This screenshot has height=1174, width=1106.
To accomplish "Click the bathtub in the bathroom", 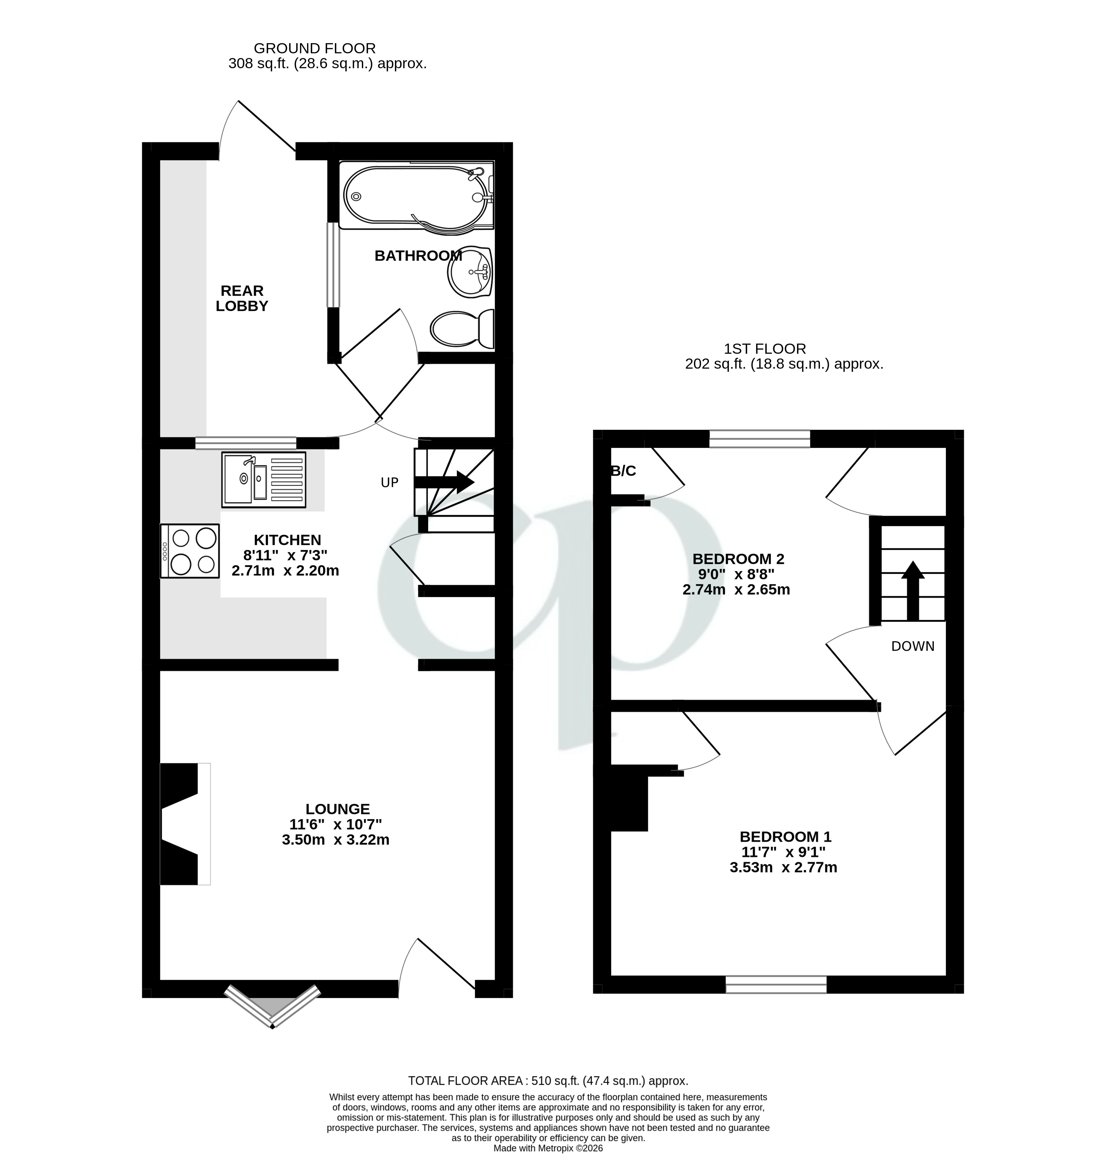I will (414, 196).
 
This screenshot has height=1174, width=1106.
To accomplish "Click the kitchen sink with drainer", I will (264, 480).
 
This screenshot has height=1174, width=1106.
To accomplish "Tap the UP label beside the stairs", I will (389, 482).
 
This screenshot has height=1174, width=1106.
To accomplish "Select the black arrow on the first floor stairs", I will (913, 590).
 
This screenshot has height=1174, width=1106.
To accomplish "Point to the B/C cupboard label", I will (623, 471).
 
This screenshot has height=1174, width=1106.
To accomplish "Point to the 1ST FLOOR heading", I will (764, 349).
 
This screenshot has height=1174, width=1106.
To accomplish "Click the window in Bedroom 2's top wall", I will (759, 439).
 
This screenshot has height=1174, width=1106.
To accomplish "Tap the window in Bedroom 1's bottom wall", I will (776, 984).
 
